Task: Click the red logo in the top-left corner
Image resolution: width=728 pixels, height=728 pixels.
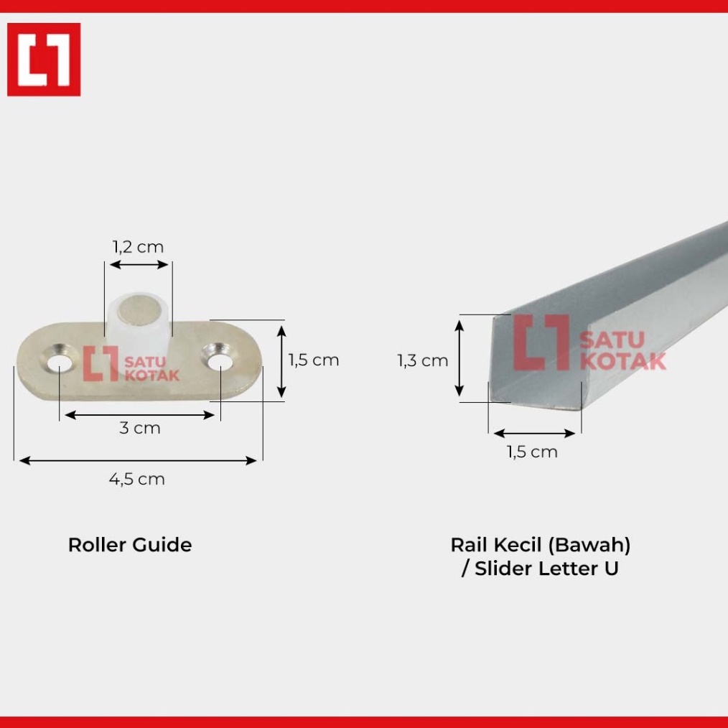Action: [44, 60]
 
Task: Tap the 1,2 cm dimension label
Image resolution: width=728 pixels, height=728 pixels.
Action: [138, 247]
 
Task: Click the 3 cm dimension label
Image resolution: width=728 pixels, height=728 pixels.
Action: [140, 428]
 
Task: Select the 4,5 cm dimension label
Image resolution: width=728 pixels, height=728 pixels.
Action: [137, 479]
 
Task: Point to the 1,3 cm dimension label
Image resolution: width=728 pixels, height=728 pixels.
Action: [422, 360]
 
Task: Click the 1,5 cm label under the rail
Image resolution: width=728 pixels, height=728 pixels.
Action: [532, 452]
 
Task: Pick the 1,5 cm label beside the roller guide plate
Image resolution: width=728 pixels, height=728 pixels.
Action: [314, 360]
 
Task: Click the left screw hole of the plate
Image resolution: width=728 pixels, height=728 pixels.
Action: [60, 363]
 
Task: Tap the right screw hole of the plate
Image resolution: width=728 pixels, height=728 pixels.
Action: [220, 361]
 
